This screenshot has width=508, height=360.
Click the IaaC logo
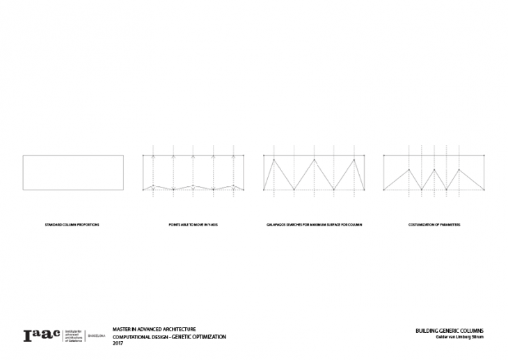pos(41,335)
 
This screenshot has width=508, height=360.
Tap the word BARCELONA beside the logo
pos(95,336)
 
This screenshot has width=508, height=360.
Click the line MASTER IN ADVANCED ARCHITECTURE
pos(154,329)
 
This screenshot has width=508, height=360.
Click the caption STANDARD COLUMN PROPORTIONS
pos(72,226)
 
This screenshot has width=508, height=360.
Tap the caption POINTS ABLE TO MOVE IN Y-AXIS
pos(193,226)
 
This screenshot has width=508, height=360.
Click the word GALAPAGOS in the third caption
pos(278,226)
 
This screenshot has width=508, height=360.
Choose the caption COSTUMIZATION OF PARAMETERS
pos(435,226)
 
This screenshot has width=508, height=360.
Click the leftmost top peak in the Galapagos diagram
pos(275,159)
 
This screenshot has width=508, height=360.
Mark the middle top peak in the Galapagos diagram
pos(315,159)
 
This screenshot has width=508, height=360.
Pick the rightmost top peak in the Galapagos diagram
pos(356,159)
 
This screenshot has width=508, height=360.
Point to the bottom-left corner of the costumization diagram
pos(384,189)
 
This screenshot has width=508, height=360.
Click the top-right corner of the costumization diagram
pos(485,155)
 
